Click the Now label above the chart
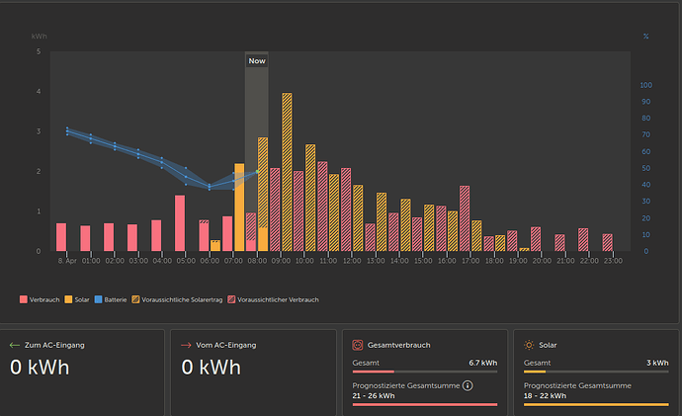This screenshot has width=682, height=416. tap(257, 61)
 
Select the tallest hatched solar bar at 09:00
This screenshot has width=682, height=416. tap(287, 172)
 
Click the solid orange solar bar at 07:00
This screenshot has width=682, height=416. tap(239, 208)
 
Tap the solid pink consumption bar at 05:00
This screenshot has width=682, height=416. tap(180, 223)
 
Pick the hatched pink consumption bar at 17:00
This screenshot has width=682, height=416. tap(465, 218)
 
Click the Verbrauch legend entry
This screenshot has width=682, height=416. tap(40, 299)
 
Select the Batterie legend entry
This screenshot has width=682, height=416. tap(111, 299)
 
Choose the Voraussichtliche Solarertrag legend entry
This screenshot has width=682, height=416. tap(177, 299)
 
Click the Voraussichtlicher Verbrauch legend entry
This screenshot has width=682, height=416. tap(273, 299)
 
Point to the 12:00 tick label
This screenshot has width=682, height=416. tap(352, 261)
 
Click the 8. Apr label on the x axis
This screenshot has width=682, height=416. tap(67, 261)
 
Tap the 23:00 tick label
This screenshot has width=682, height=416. tap(613, 261)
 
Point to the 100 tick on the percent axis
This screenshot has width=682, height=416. tap(645, 85)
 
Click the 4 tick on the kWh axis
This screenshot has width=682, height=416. tap(39, 91)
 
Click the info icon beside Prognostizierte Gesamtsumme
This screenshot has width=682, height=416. tap(468, 385)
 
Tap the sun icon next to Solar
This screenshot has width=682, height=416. tap(529, 345)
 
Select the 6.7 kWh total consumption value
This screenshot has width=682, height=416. tap(482, 363)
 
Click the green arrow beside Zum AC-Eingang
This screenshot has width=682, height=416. tap(15, 345)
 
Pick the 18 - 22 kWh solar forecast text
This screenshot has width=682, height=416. tap(545, 395)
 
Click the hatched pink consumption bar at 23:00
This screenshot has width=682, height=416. tap(607, 242)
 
